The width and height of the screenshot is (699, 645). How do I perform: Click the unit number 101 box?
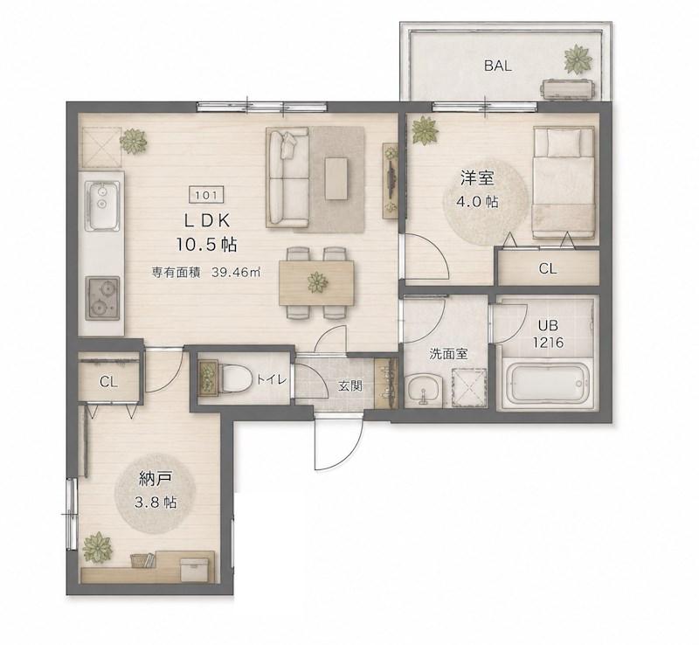(x=207, y=195)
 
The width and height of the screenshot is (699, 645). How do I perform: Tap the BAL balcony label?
(x=498, y=66)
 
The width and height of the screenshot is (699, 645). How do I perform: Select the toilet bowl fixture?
(x=234, y=379)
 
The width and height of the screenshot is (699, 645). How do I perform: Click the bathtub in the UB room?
(x=548, y=383)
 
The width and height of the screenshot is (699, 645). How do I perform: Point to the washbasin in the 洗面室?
(x=424, y=391)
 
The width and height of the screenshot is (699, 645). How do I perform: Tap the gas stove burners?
(x=102, y=298)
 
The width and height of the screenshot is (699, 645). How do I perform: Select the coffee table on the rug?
(x=336, y=178)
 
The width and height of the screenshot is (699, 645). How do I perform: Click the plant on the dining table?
(x=317, y=282)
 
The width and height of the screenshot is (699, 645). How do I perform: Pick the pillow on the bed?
(x=564, y=142)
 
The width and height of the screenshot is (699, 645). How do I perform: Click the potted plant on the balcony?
(x=578, y=59)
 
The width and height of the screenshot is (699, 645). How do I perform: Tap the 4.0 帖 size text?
(x=476, y=202)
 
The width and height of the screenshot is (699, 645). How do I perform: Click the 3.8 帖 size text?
(x=156, y=503)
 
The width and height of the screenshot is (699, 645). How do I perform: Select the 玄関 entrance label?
(x=350, y=385)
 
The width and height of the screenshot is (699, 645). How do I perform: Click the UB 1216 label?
(x=549, y=334)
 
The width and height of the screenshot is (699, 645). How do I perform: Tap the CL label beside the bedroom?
(x=548, y=268)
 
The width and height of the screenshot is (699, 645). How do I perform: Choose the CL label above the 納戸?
(x=108, y=382)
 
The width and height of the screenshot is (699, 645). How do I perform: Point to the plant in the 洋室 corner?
(x=425, y=130)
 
